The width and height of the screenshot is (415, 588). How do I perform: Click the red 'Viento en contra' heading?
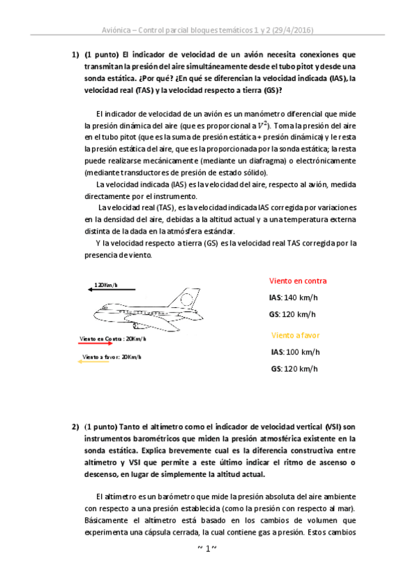pyautogui.click(x=297, y=281)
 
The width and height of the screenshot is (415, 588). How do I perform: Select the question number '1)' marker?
pyautogui.click(x=76, y=53)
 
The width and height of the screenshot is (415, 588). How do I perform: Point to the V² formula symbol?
pyautogui.click(x=261, y=126)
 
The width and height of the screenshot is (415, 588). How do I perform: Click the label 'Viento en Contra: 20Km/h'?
pyautogui.click(x=113, y=338)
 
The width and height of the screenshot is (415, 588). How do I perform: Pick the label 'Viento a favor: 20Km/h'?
pyautogui.click(x=112, y=356)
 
